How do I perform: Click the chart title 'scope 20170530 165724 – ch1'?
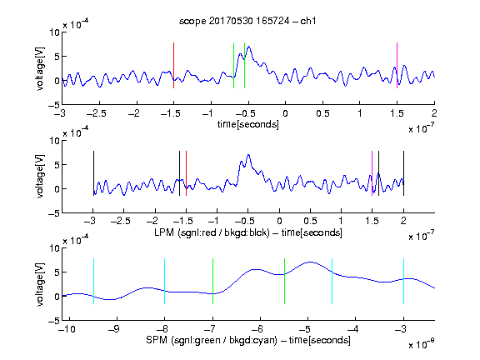tap(247, 21)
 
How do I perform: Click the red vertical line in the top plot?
tap(173, 66)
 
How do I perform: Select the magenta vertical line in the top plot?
tap(397, 66)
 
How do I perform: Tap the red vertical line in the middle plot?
tap(186, 173)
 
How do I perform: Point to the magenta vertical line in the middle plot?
tap(372, 173)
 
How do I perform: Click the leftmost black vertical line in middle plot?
tap(93, 173)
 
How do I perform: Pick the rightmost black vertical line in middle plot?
tap(403, 173)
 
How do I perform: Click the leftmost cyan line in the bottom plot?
tap(93, 282)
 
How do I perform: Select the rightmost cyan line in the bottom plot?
tap(403, 282)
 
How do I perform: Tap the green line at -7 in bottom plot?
tap(212, 282)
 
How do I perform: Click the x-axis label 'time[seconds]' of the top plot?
tap(248, 125)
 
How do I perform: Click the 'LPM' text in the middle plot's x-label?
tap(164, 232)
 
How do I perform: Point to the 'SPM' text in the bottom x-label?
tap(157, 340)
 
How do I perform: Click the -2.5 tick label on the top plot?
tap(96, 113)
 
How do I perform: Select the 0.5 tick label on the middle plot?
tap(310, 221)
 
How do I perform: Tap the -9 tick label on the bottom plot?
tap(113, 329)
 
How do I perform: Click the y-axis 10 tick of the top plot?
tap(55, 32)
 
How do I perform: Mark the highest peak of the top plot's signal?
tap(249, 47)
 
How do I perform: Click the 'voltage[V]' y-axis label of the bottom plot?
tap(40, 284)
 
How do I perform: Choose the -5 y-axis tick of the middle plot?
tap(54, 213)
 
